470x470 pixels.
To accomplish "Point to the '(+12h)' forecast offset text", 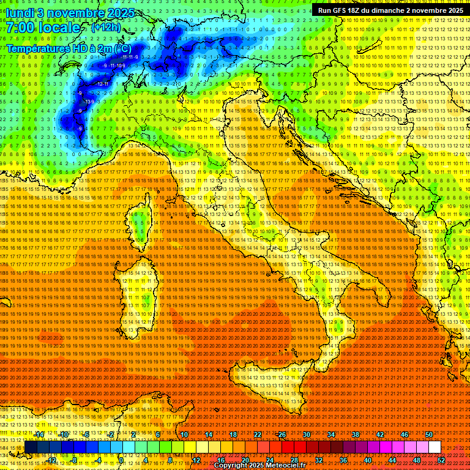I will coord(105,28).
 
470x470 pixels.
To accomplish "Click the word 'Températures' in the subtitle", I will coord(35,48).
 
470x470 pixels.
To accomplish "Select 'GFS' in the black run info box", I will coord(341,10).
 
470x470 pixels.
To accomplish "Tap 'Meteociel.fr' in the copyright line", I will coord(287,466).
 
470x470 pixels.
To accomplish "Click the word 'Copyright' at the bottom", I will coord(233,466).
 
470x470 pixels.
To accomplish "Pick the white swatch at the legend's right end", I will coord(434,447).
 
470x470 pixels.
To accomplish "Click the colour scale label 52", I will coord(441,460).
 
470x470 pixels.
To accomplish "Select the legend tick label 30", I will coord(306,435).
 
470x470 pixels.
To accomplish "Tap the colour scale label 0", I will coord(121,460).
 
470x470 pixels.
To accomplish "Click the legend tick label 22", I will coord(258,435).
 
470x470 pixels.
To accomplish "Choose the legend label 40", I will coord(367,460).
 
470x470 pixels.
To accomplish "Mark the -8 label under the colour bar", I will coord(74,460).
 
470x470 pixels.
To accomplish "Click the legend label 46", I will coord(405,435).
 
